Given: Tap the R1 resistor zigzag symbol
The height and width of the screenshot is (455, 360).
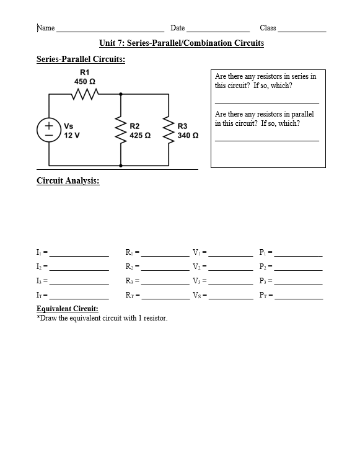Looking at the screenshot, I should (82, 94).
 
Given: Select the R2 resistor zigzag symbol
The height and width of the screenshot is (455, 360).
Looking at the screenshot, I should (120, 130).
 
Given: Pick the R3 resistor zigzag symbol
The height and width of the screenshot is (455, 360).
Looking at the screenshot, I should (169, 130).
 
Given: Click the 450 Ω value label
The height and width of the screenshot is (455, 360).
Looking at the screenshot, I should (84, 81).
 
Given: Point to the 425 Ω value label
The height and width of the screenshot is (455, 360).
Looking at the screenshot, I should (140, 135).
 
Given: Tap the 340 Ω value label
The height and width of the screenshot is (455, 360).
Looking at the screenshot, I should (188, 135).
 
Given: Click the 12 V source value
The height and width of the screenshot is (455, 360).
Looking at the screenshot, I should (72, 135).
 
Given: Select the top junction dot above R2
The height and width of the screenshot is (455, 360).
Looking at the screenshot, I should (120, 94).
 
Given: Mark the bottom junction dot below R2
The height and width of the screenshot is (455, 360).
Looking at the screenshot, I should (120, 166).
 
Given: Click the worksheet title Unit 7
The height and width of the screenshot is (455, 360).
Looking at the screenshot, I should (181, 43).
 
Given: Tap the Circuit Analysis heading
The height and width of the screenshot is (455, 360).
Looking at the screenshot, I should (68, 181).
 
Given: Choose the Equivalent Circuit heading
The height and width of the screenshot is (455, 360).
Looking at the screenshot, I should (68, 309).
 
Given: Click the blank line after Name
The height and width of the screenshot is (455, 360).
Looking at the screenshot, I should (110, 30).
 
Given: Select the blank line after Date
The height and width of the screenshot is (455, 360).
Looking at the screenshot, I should (217, 30).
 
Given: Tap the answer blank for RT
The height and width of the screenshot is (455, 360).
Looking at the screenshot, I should (165, 298).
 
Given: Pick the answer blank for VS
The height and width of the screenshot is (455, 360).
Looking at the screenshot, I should (230, 298).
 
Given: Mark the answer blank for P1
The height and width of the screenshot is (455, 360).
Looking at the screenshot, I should (299, 255).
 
